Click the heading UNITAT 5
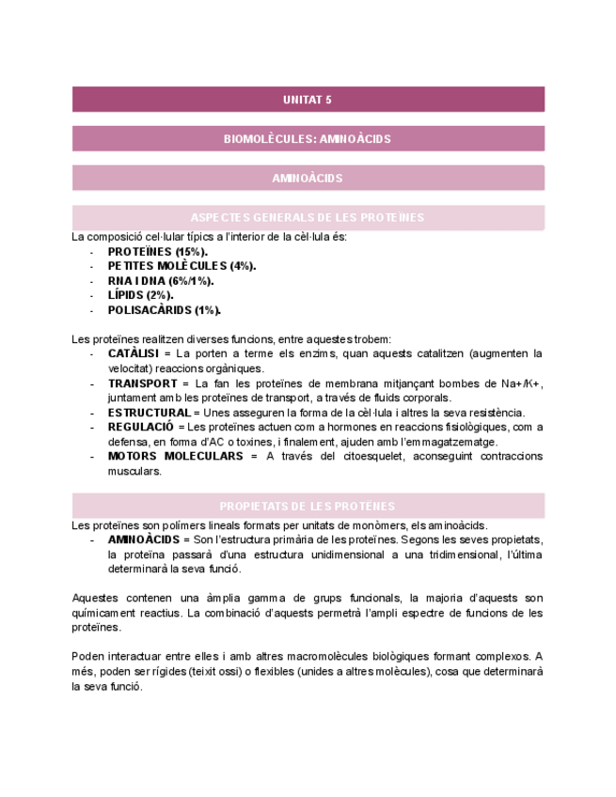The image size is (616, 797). click(308, 99)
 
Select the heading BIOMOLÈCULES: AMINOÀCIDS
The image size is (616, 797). click(308, 138)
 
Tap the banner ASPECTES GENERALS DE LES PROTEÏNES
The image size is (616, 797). click(308, 217)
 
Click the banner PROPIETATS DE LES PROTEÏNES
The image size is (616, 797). click(308, 506)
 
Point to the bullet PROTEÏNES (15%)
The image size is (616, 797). click(157, 252)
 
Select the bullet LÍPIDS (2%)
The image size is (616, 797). click(140, 295)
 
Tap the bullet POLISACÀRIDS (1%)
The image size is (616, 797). click(165, 309)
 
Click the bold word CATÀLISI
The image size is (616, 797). click(134, 353)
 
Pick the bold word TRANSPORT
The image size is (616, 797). click(142, 383)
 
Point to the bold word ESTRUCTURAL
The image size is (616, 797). click(149, 413)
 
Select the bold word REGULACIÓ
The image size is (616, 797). click(141, 427)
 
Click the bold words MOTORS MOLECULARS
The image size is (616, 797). click(175, 456)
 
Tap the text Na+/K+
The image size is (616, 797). click(522, 383)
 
